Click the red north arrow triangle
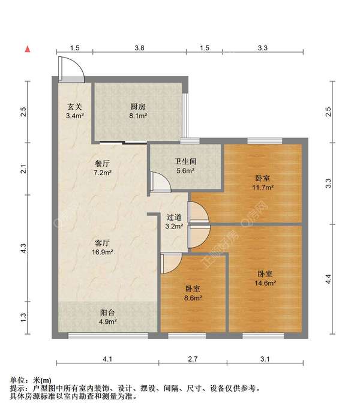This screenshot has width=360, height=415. coord(28,49)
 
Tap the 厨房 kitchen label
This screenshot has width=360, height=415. coord(138,107)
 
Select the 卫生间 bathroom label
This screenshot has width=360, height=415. coord(185,161)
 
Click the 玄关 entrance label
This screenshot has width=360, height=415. coord(75,107)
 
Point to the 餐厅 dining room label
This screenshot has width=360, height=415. coord(102,163)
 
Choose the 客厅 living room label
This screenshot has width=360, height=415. coord(102,243)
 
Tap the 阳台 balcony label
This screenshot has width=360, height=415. coord(107,312)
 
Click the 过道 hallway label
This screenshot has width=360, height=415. coord(174,217)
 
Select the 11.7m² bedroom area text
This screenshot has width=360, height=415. coord(263,188)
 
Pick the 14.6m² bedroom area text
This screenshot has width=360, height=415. coord(265,283)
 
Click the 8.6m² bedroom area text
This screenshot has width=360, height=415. coord(193,298)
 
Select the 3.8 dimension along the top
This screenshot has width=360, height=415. coord(139,48)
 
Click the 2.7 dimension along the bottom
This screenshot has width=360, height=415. coord(193,359)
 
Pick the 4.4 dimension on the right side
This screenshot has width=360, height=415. coord(328,279)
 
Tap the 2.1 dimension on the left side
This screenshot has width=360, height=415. coord(24,169)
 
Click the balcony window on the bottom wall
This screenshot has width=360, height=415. coord(108,336)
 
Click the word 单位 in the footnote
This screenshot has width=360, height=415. coord(17,380)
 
